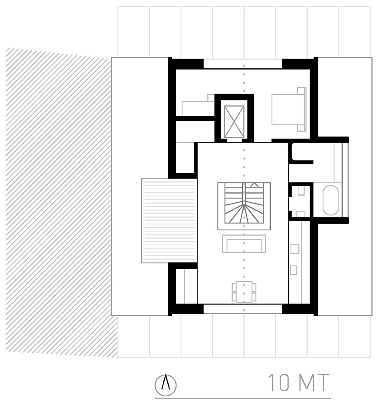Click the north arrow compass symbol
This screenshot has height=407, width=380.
[x=166, y=384]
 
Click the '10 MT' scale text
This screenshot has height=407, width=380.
[x=299, y=383]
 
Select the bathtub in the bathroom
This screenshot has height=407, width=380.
[x=331, y=201]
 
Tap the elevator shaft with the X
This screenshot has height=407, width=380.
[x=234, y=121]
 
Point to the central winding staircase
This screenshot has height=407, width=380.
[x=244, y=205]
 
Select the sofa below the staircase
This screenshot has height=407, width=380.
[x=244, y=244]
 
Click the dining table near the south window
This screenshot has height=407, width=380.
[x=244, y=292]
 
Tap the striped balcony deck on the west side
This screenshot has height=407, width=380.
[x=169, y=220]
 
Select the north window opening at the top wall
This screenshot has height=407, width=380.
[x=243, y=63]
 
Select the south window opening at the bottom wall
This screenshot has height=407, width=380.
[x=243, y=309]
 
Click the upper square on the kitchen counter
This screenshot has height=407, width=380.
[x=294, y=249]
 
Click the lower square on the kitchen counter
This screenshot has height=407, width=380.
[x=294, y=270]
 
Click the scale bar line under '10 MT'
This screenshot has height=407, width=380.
[x=243, y=398]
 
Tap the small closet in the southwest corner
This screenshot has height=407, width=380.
[x=186, y=286]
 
